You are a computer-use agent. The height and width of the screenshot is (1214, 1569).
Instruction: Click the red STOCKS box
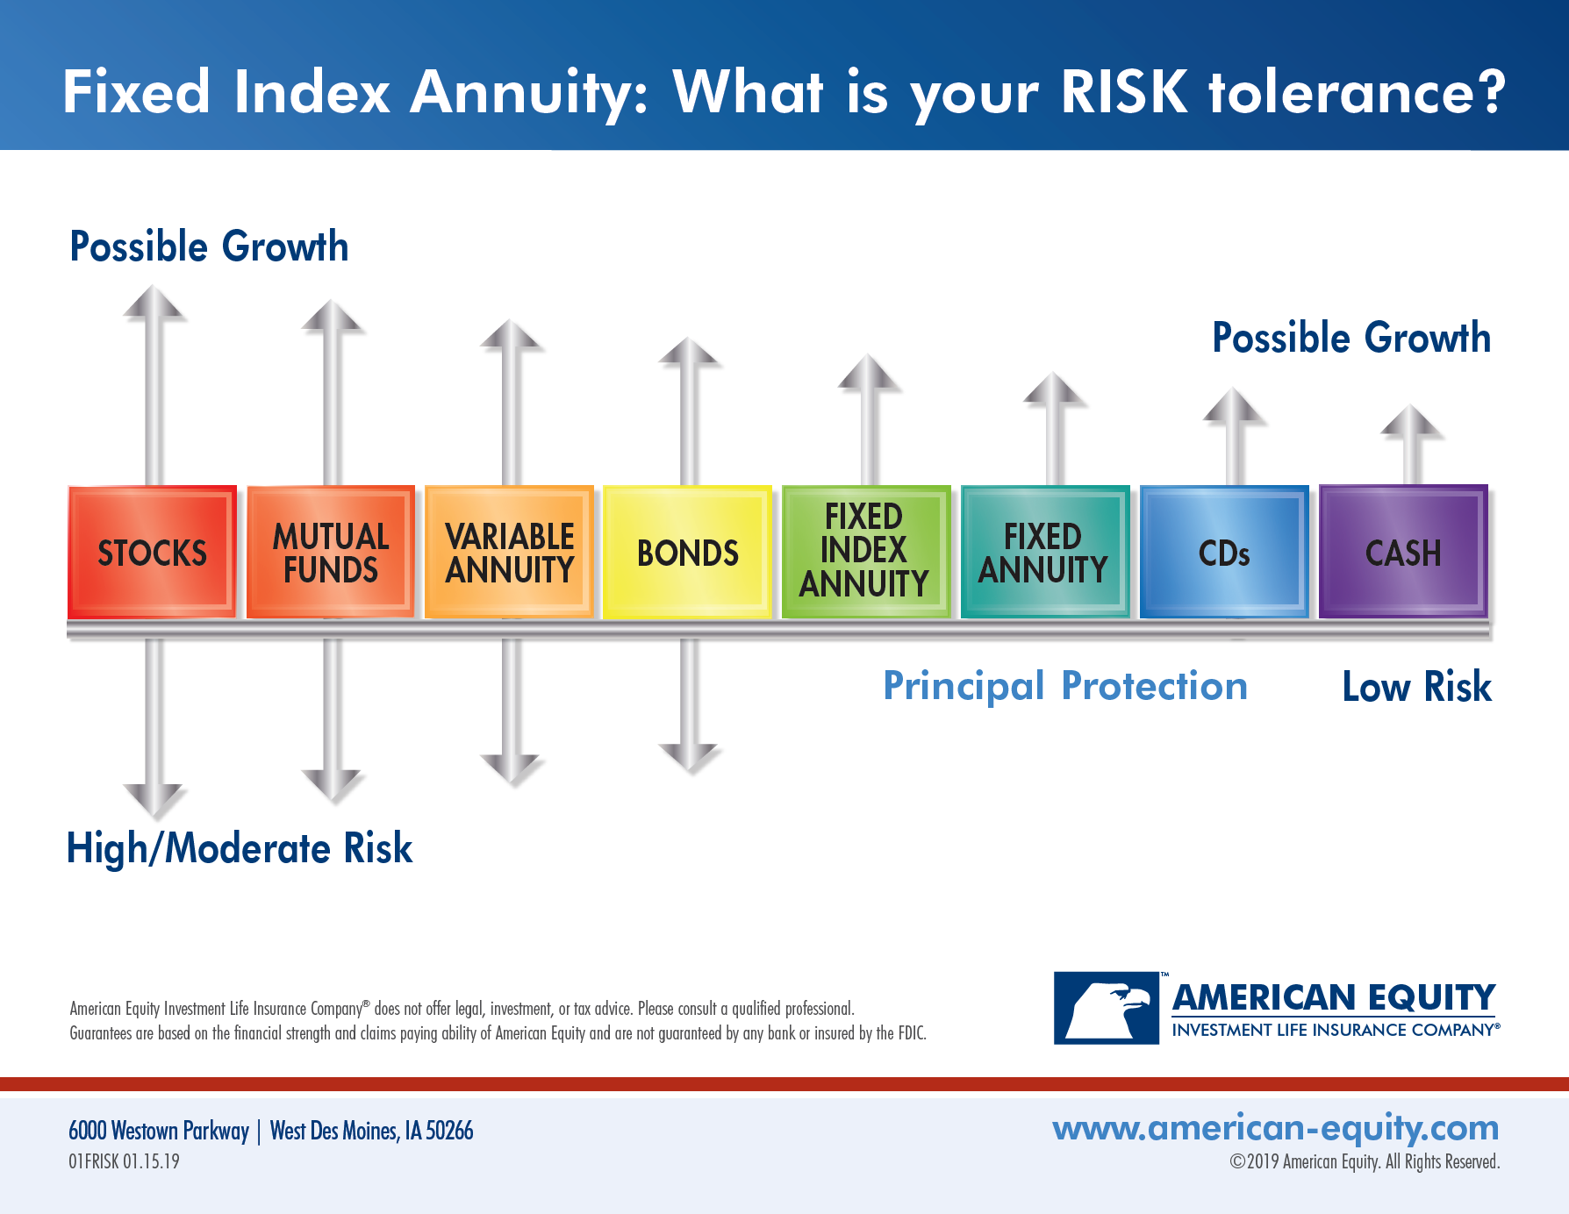[152, 552]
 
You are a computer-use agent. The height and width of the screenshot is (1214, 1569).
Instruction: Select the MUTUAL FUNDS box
[330, 552]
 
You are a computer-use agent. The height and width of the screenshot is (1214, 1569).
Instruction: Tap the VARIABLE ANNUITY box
[509, 552]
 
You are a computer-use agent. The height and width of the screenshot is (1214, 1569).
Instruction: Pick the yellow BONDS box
[687, 552]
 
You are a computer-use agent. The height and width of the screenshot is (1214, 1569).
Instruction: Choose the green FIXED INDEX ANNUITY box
[865, 552]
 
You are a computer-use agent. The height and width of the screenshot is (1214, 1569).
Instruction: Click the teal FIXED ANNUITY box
[1044, 552]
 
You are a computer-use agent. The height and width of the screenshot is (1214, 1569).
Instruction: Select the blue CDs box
[1223, 552]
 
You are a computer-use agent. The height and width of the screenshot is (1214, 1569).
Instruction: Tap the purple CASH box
[1402, 552]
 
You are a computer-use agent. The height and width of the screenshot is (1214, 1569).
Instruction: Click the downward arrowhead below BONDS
[689, 756]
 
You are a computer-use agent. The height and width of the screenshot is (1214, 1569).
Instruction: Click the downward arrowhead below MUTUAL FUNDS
[332, 783]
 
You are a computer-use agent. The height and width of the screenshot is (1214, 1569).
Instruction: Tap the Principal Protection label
[1064, 686]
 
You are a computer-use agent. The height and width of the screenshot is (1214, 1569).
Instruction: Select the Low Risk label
[1415, 687]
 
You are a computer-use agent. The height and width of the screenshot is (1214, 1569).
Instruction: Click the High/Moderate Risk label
[240, 848]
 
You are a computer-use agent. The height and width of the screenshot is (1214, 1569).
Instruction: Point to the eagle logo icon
[1107, 1008]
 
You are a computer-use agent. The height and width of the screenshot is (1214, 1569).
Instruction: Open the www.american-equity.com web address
[1275, 1128]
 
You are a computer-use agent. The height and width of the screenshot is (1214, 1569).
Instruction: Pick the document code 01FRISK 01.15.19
[124, 1161]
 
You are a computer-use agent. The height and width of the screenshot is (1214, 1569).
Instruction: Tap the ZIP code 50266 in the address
[449, 1131]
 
